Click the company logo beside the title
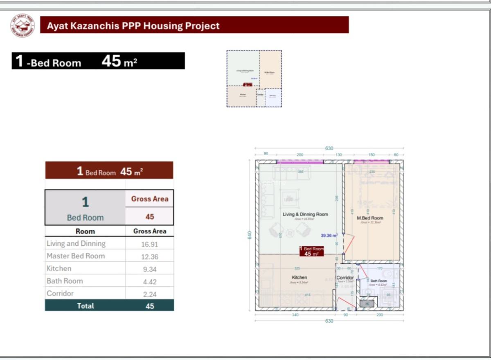(x=23, y=25)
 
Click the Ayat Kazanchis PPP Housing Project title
(x=133, y=26)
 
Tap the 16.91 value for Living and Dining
(x=150, y=245)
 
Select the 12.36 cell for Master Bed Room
(x=150, y=257)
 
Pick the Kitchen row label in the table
(x=59, y=269)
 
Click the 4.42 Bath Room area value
(x=150, y=282)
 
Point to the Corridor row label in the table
(x=60, y=294)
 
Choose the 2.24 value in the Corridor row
(x=150, y=294)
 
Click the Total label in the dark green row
(x=85, y=306)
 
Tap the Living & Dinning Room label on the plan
(x=305, y=214)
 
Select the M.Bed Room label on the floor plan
(x=370, y=218)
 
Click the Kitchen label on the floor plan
(x=299, y=278)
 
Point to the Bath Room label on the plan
(x=378, y=281)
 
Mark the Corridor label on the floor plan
(x=345, y=278)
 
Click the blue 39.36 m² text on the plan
(x=329, y=235)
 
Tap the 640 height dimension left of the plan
(x=250, y=235)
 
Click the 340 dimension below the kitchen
(x=295, y=315)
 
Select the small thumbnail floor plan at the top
(x=254, y=79)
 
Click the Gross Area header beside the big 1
(x=150, y=199)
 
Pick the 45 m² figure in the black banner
(x=119, y=61)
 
